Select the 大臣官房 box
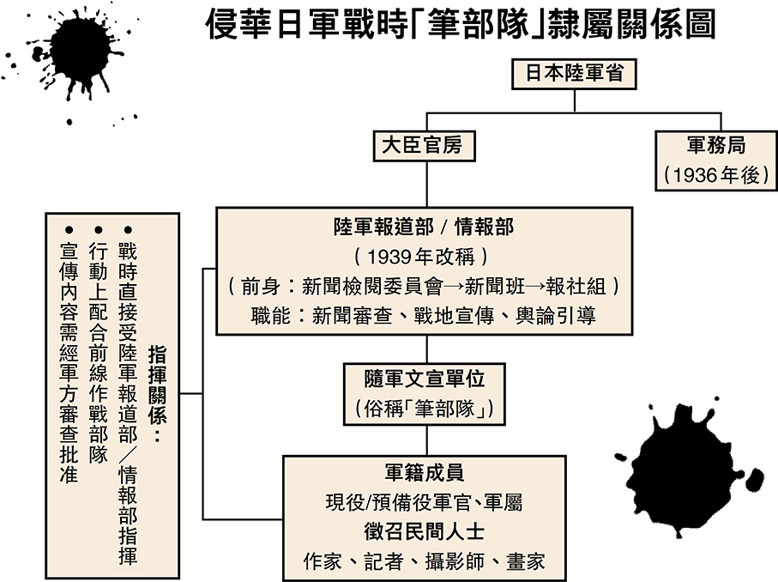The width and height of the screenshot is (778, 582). pos(421,145)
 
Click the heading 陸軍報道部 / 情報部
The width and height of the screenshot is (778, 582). pos(424,226)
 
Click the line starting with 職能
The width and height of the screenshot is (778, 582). pos(424,315)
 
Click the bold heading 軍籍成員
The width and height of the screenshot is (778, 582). pos(425,472)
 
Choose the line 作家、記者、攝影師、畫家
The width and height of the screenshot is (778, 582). pos(425,561)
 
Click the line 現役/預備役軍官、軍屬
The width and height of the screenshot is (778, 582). pos(425,502)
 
